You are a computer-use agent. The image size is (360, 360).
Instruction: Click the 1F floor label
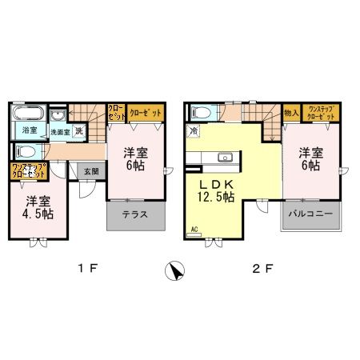pos(89,270)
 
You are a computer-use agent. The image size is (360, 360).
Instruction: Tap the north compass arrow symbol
pos(177,271)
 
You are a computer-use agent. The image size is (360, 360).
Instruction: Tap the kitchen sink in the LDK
pos(225,157)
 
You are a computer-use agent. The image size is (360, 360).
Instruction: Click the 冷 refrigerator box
pos(194,130)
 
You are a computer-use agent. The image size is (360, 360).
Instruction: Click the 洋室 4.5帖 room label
pos(37,207)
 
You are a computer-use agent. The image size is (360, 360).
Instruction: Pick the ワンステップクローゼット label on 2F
pos(321,113)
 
